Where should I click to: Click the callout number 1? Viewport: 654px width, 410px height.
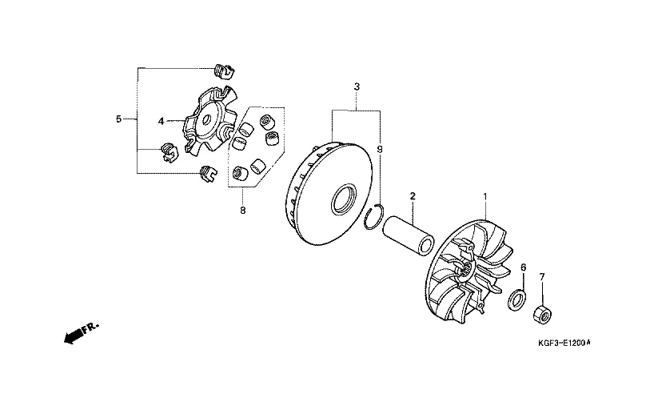coord(485,196)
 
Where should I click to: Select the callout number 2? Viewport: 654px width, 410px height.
coord(413,196)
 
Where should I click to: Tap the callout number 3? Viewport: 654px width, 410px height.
coord(357,87)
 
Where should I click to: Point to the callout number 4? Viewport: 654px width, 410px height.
coord(162,121)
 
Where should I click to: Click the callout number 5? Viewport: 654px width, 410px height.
coord(119,119)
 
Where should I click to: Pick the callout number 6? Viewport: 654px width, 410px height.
coord(524,267)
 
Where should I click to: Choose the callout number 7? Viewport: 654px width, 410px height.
coord(542,277)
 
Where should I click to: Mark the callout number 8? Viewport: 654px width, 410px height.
coord(243,211)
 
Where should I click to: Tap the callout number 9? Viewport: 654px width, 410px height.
coord(380,149)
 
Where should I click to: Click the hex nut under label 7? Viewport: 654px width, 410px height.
coord(543,313)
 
